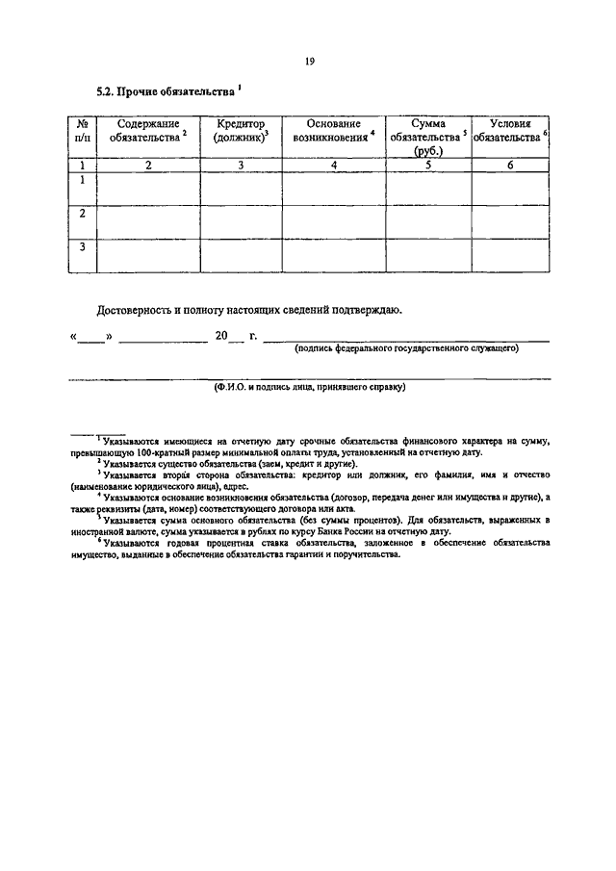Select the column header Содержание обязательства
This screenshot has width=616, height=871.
[x=148, y=131]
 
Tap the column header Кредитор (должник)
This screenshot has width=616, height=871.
[x=241, y=131]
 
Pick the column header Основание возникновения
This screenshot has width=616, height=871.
[x=333, y=131]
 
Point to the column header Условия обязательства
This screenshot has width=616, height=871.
[x=510, y=131]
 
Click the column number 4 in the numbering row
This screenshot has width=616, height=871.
[x=333, y=166]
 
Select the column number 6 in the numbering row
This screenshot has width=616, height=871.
[x=510, y=166]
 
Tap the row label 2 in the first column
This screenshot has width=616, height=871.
[x=83, y=214]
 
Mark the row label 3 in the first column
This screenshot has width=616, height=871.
[x=83, y=248]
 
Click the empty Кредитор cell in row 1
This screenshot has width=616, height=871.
[x=241, y=189]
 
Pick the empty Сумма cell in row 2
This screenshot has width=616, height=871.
[x=427, y=222]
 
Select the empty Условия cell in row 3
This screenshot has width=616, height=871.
[x=510, y=256]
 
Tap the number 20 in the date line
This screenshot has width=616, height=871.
[x=221, y=336]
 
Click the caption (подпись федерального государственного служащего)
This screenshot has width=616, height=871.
[x=407, y=348]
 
